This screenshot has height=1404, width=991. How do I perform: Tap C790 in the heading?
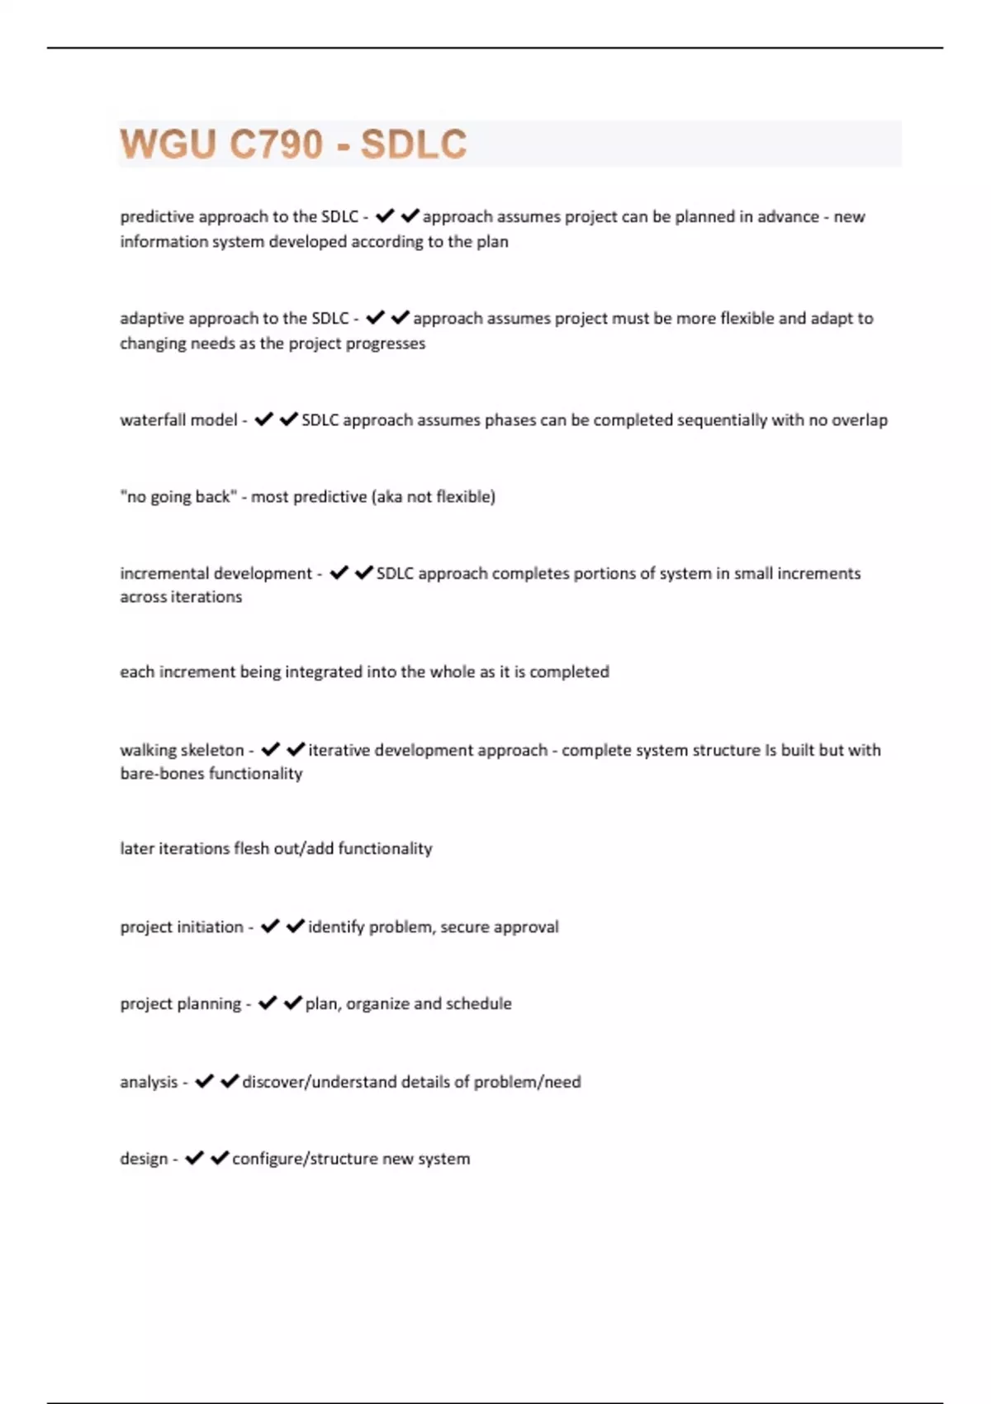276,145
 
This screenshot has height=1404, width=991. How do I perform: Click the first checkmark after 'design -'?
194,1159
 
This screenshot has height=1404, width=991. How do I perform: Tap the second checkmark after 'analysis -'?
230,1082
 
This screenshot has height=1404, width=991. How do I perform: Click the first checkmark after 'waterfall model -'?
263,420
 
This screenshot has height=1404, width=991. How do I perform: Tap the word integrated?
324,672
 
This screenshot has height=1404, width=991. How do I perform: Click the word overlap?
860,420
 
